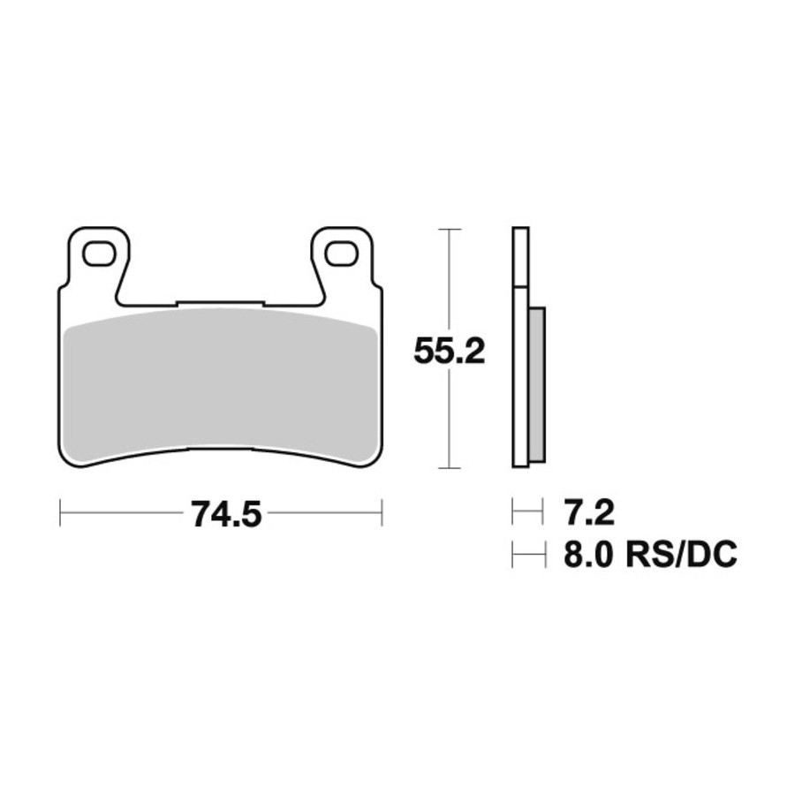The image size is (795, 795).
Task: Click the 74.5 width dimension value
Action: [227, 513]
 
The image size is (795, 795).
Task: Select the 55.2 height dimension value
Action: [450, 351]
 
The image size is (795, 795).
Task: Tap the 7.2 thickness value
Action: [589, 512]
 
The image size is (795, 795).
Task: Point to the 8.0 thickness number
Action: [589, 555]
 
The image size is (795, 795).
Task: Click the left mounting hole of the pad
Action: [98, 254]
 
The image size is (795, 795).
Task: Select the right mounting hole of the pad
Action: [341, 254]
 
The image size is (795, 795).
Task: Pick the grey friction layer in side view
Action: [537, 384]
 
